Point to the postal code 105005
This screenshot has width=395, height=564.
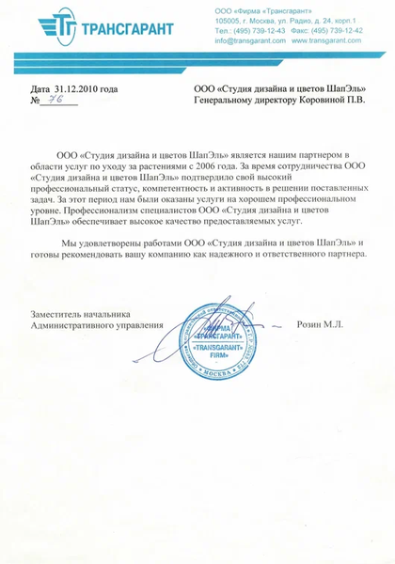[x=228, y=19]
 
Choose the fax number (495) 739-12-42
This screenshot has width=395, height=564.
[x=331, y=31]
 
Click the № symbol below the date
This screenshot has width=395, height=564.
[x=35, y=100]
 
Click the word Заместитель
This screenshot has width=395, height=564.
[x=58, y=314]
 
